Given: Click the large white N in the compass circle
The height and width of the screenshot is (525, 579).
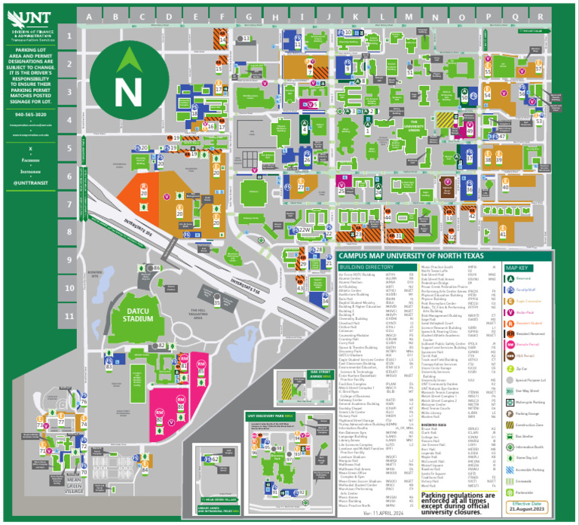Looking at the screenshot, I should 128,88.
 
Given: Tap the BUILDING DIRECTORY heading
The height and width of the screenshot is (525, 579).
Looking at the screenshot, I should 367,267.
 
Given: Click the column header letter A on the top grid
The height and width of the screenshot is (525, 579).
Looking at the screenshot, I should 90,16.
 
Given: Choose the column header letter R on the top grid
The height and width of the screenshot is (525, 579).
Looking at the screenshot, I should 541,16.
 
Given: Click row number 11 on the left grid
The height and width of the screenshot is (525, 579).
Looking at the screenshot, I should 69,316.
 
